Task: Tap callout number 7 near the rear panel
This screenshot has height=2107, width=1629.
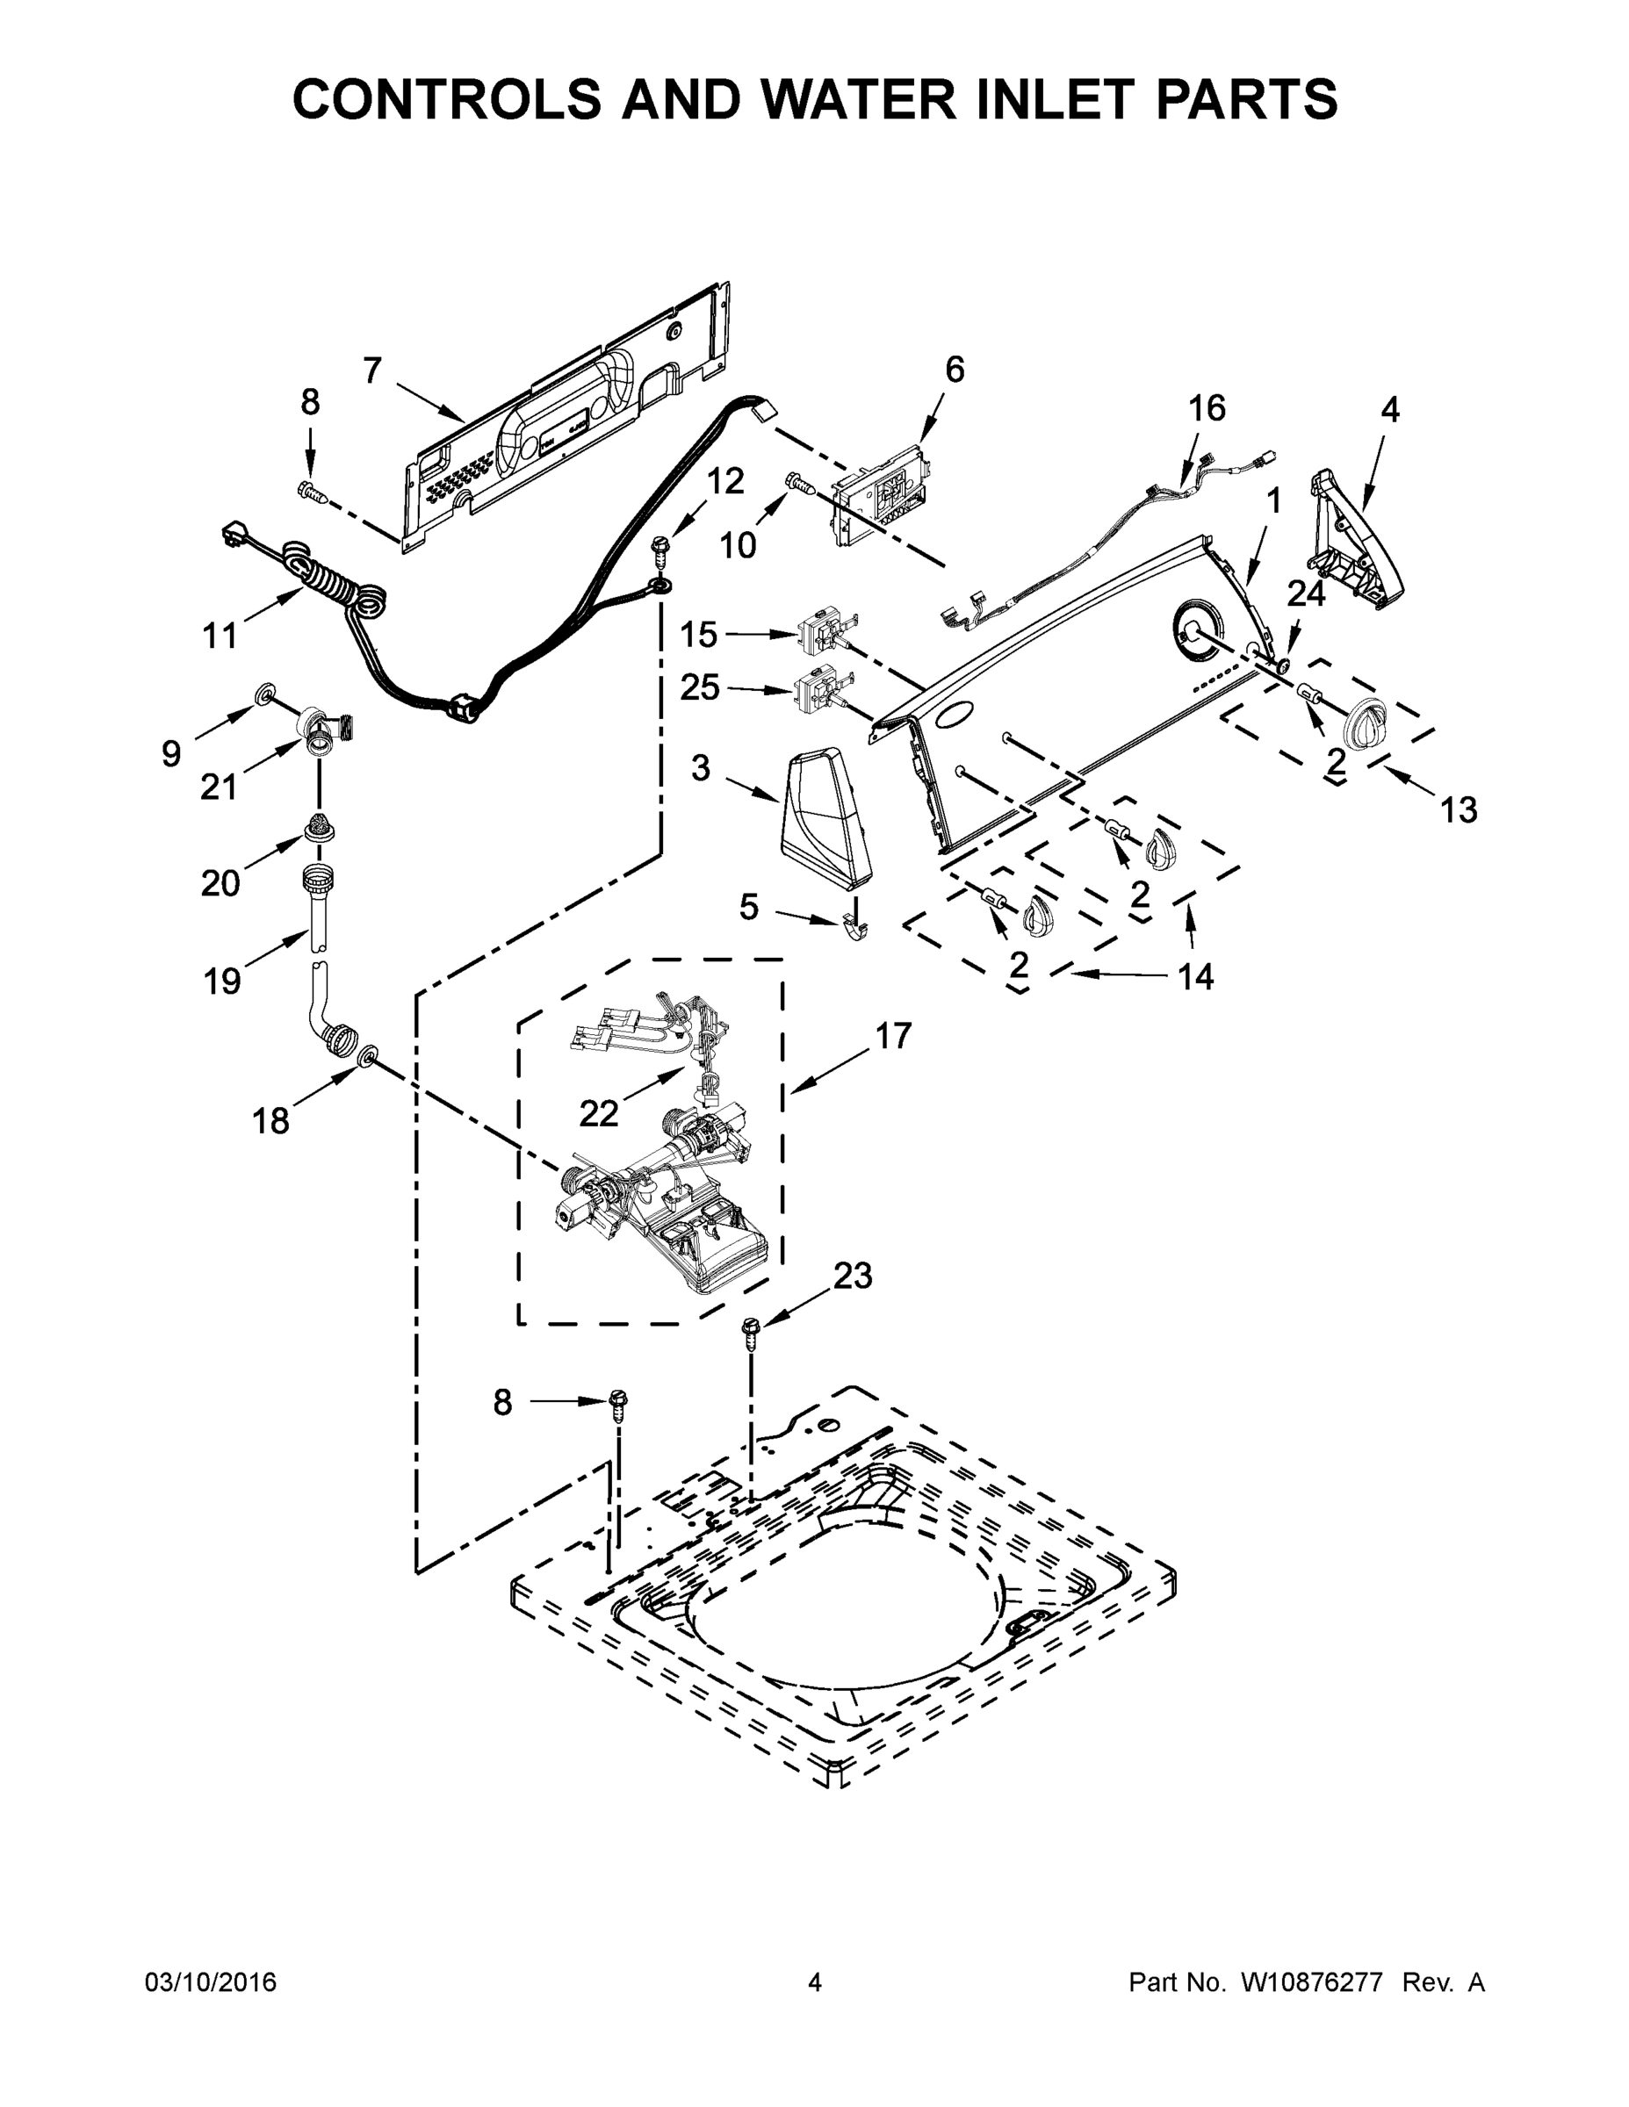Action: (x=372, y=370)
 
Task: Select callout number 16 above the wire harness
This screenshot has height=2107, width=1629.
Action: (x=1207, y=408)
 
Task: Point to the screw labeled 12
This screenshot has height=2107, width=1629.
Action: (x=661, y=550)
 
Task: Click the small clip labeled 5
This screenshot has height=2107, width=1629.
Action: (x=855, y=924)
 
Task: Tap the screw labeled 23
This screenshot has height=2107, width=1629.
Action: (x=750, y=1334)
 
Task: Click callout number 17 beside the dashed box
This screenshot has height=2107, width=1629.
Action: (x=893, y=1036)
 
